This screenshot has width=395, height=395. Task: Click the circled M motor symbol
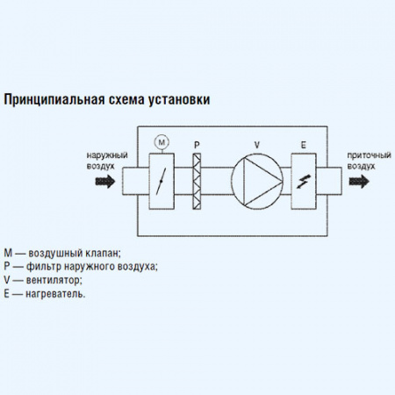point(161,140)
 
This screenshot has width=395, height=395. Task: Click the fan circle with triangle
point(257,181)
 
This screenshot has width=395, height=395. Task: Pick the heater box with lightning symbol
point(304,181)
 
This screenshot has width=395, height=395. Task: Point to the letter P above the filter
point(197,143)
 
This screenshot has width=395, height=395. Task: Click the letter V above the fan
point(257,143)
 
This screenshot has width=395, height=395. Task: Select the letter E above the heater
point(304,143)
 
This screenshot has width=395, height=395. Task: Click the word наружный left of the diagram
point(105,154)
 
